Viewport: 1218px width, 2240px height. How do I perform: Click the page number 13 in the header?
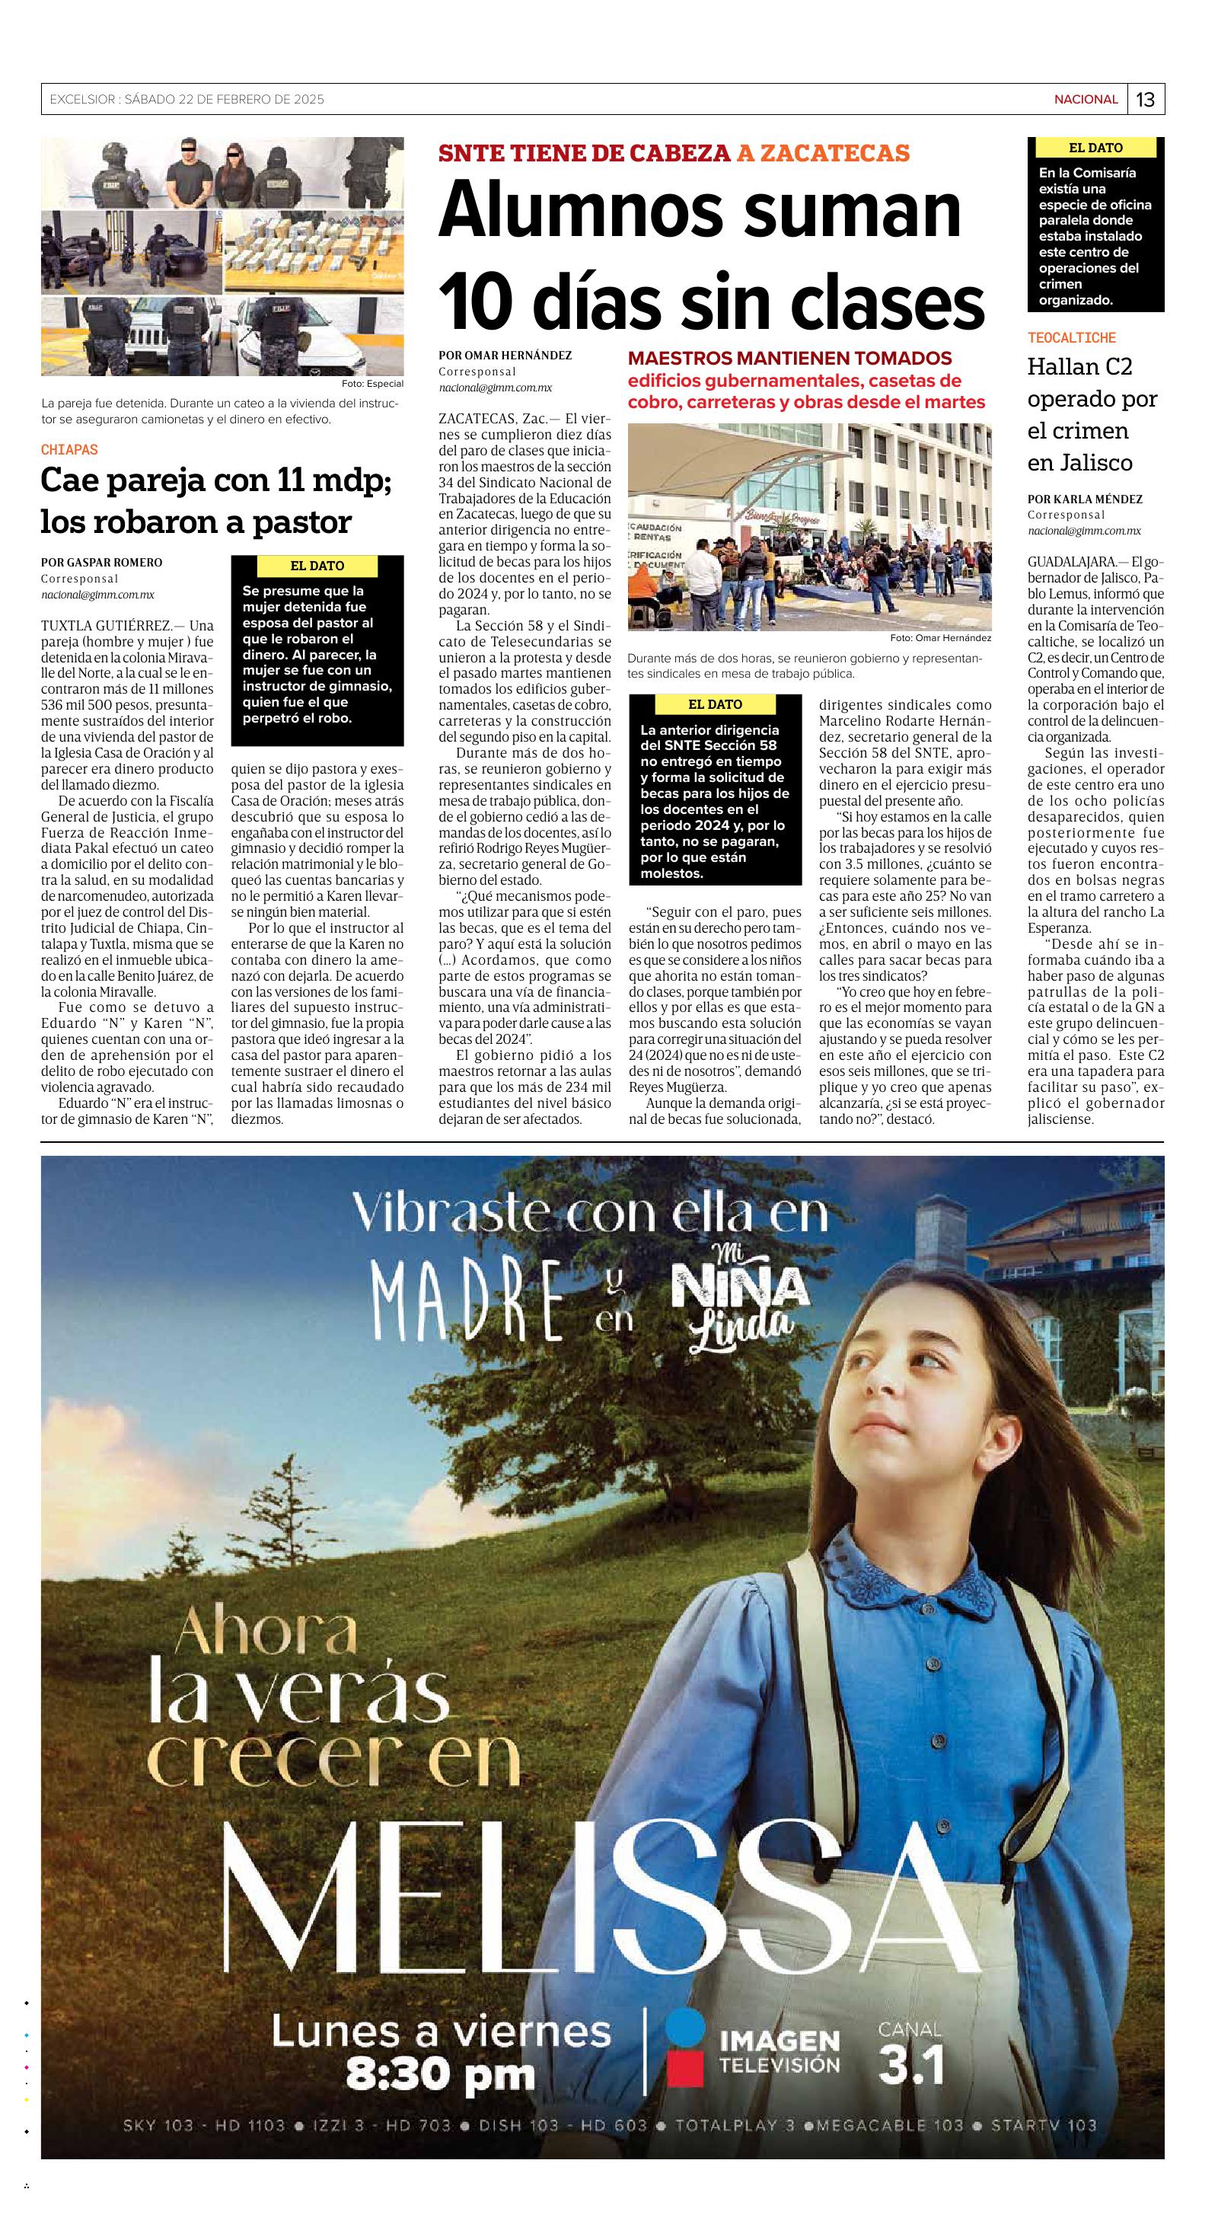pos(1145,100)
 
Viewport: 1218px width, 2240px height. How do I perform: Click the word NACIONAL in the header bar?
pos(1085,100)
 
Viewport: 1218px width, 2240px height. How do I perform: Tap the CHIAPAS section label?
pos(69,449)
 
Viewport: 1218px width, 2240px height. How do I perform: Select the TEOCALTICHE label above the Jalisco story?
pos(1071,337)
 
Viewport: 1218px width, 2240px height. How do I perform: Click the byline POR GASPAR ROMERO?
pos(102,563)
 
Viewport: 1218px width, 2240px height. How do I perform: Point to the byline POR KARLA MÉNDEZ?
pos(1084,499)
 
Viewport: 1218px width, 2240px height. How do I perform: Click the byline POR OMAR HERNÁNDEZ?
pos(505,355)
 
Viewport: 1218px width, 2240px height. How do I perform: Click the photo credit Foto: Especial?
pos(372,384)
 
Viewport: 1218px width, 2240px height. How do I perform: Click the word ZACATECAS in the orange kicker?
pos(822,153)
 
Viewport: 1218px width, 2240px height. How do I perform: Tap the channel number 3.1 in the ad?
pos(910,2065)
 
